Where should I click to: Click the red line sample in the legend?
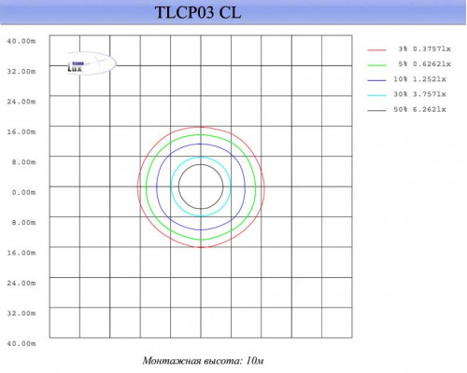(376, 48)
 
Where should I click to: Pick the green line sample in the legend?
(376, 64)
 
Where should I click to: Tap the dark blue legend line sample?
(376, 79)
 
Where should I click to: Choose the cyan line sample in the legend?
(376, 95)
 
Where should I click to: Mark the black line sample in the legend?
(376, 111)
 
